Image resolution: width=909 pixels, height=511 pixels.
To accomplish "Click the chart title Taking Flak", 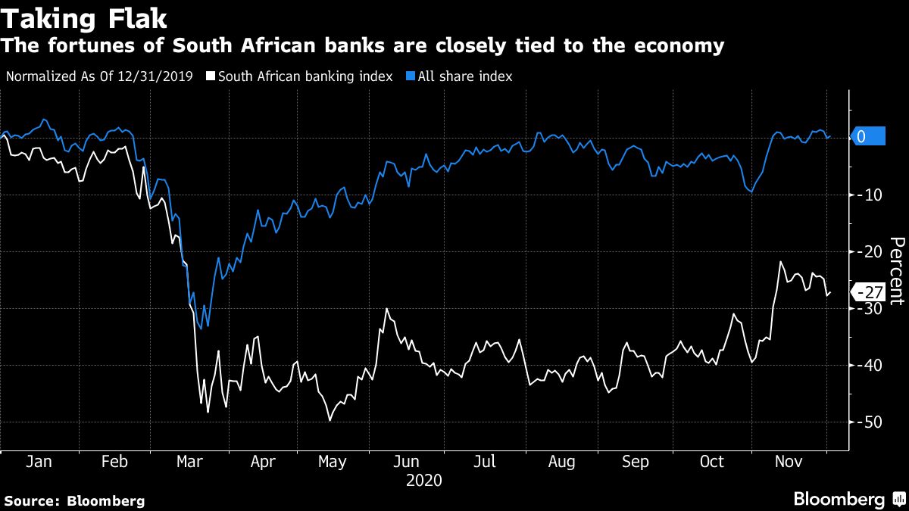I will pyautogui.click(x=85, y=17).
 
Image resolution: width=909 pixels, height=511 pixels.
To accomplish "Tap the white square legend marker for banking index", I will pyautogui.click(x=212, y=76).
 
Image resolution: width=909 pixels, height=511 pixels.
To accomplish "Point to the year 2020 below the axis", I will pyautogui.click(x=423, y=480).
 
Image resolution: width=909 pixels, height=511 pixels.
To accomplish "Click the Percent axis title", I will pyautogui.click(x=896, y=270).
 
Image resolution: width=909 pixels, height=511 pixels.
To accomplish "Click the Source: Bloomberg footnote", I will pyautogui.click(x=74, y=500).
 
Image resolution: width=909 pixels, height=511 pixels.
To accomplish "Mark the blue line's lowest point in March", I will pyautogui.click(x=208, y=327).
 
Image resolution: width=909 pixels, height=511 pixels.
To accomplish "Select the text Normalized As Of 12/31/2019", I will pyautogui.click(x=99, y=76).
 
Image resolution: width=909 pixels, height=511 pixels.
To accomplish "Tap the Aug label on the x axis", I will pyautogui.click(x=561, y=462).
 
